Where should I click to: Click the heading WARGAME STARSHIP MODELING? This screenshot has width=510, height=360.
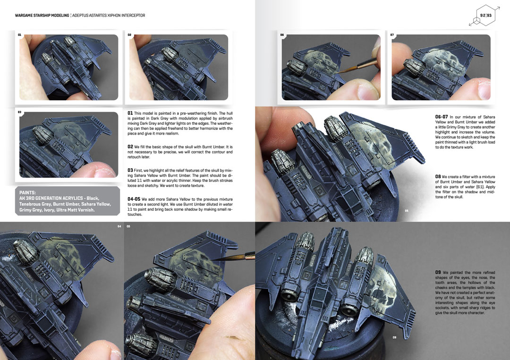[42, 15]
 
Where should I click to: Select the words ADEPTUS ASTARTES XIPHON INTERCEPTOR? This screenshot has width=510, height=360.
[109, 15]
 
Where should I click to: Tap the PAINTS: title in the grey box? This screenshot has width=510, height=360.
[28, 192]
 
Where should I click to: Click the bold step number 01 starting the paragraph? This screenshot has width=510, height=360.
[130, 113]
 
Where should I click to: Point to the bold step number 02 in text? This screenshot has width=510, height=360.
[130, 147]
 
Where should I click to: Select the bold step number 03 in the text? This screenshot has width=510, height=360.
[130, 170]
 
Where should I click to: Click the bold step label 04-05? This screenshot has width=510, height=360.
[134, 199]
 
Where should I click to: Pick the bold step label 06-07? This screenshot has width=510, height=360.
[442, 117]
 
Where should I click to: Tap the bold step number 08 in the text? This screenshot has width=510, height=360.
[438, 177]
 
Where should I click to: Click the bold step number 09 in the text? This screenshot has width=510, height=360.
[438, 273]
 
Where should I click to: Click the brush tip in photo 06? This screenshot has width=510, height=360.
[338, 72]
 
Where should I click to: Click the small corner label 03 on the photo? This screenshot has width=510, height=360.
[19, 112]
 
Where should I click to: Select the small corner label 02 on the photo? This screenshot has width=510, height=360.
[129, 35]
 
